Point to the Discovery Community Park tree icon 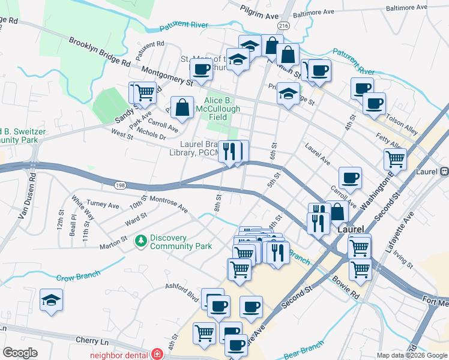141,241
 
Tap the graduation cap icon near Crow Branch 52,301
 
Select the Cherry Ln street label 91,340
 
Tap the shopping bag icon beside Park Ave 182,108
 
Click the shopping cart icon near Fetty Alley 395,160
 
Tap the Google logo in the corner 20,353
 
